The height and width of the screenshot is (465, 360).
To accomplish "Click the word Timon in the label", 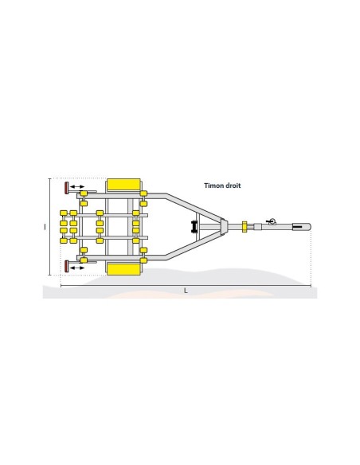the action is click(213, 186).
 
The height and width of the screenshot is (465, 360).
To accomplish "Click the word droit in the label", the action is click(233, 186).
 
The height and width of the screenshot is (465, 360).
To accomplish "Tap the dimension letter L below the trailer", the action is click(186, 290).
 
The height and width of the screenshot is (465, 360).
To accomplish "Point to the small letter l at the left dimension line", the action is click(45, 227).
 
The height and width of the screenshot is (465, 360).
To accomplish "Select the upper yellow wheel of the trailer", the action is click(123, 185).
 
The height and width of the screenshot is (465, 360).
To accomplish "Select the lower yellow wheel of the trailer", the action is click(123, 270).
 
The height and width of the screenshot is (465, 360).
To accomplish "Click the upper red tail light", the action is click(65, 188).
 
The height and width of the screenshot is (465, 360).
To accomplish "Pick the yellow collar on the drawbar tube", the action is click(245, 228).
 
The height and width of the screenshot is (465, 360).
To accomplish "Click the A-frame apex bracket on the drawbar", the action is click(225, 228).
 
